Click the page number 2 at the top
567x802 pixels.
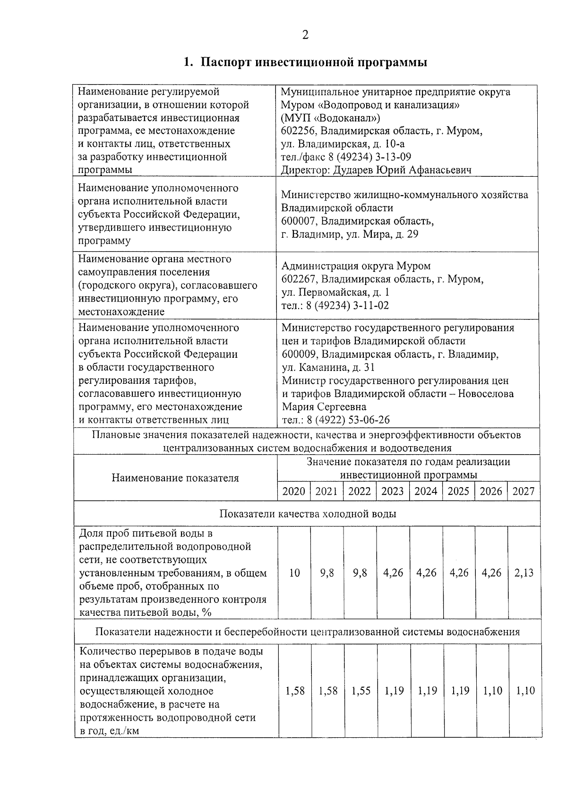pos(305,35)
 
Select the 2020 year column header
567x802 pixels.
pos(293,492)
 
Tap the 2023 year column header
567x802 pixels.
pos(393,492)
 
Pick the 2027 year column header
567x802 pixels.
pos(524,492)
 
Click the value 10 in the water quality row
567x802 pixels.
pos(294,573)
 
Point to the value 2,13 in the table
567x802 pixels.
pos(524,573)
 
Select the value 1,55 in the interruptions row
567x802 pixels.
pos(361,691)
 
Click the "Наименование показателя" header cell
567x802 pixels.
pos(175,478)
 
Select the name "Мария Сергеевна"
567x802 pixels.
pos(324,407)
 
